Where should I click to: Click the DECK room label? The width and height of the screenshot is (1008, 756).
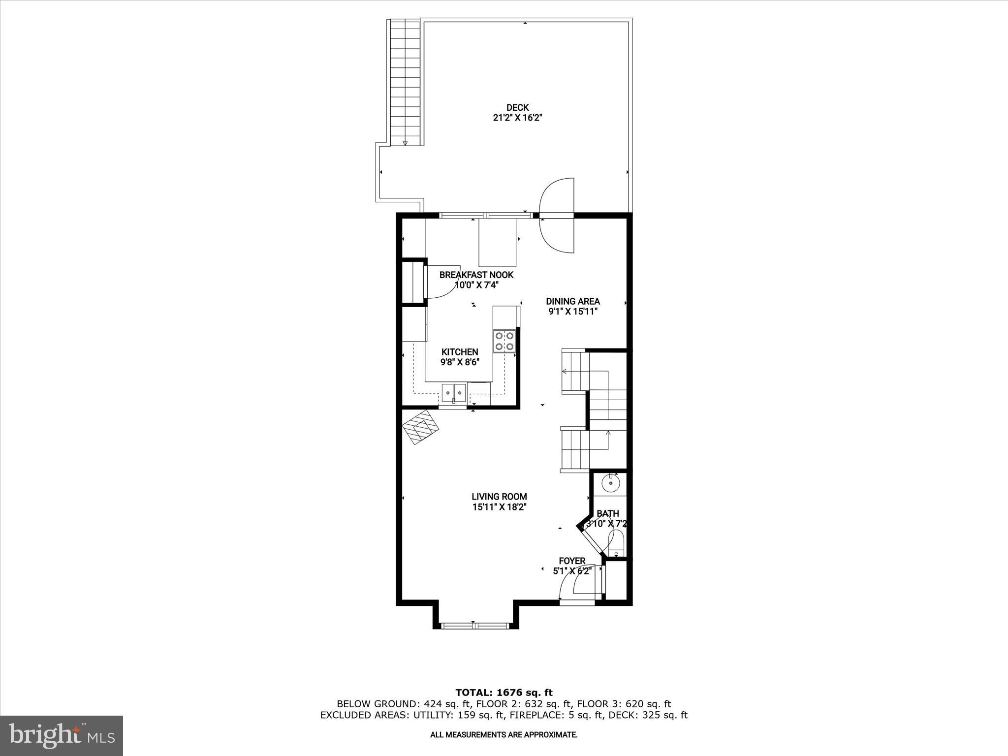(517, 107)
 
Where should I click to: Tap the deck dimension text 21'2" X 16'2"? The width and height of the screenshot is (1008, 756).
(517, 118)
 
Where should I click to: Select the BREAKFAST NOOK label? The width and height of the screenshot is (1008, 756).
(476, 275)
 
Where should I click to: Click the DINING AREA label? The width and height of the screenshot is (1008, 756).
(573, 301)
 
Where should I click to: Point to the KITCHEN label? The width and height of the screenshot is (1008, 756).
(459, 352)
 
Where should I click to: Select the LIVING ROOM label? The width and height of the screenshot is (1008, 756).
(499, 497)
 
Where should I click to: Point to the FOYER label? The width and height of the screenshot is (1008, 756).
(572, 561)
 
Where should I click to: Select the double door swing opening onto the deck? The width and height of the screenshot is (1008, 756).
(557, 216)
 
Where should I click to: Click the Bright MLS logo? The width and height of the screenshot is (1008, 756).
(62, 735)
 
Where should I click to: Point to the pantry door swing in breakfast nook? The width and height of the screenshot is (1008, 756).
(440, 283)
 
